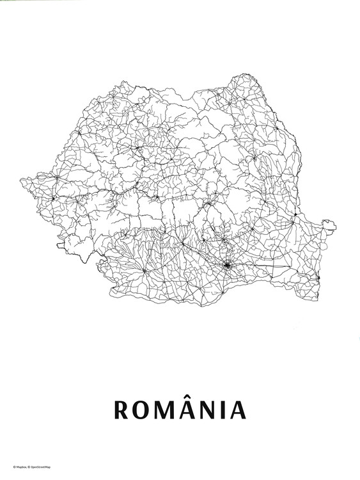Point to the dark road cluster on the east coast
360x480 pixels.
tap(319, 276)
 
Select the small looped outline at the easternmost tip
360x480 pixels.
tap(329, 224)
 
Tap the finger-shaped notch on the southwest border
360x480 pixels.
tap(61, 244)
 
